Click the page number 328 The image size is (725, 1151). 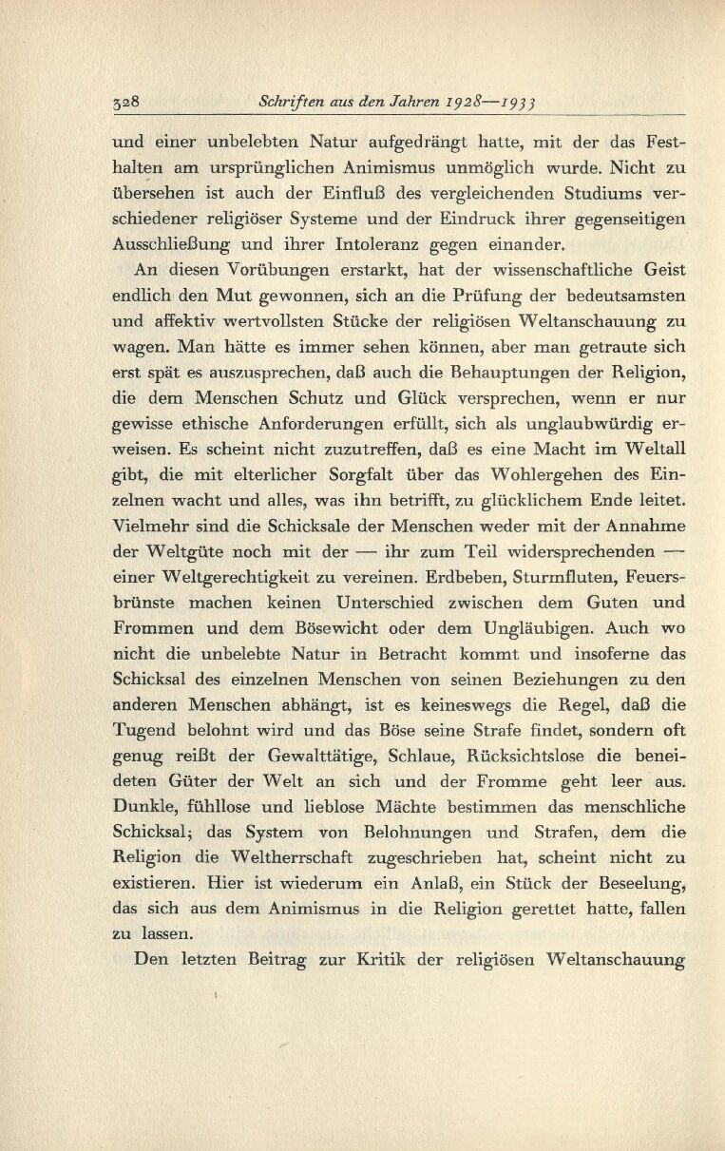pos(126,100)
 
